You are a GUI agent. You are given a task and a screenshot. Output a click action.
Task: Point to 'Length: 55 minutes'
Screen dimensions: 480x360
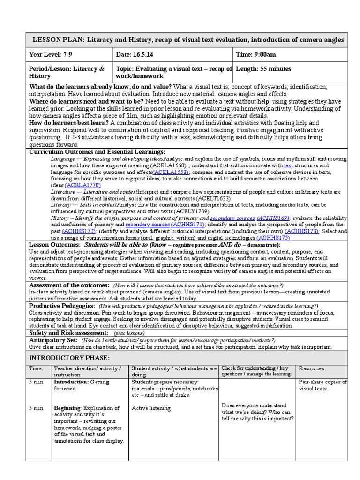(263, 69)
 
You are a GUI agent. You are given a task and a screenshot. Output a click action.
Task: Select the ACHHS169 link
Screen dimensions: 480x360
(273, 218)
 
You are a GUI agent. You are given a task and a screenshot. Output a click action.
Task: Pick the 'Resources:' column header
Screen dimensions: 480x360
(312, 368)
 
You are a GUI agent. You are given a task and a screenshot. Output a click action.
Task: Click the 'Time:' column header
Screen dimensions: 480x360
(36, 368)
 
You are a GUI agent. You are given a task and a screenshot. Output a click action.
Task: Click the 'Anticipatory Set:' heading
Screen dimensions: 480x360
(53, 340)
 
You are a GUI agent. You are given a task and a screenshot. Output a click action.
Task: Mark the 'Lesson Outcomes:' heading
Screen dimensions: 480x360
(55, 245)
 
